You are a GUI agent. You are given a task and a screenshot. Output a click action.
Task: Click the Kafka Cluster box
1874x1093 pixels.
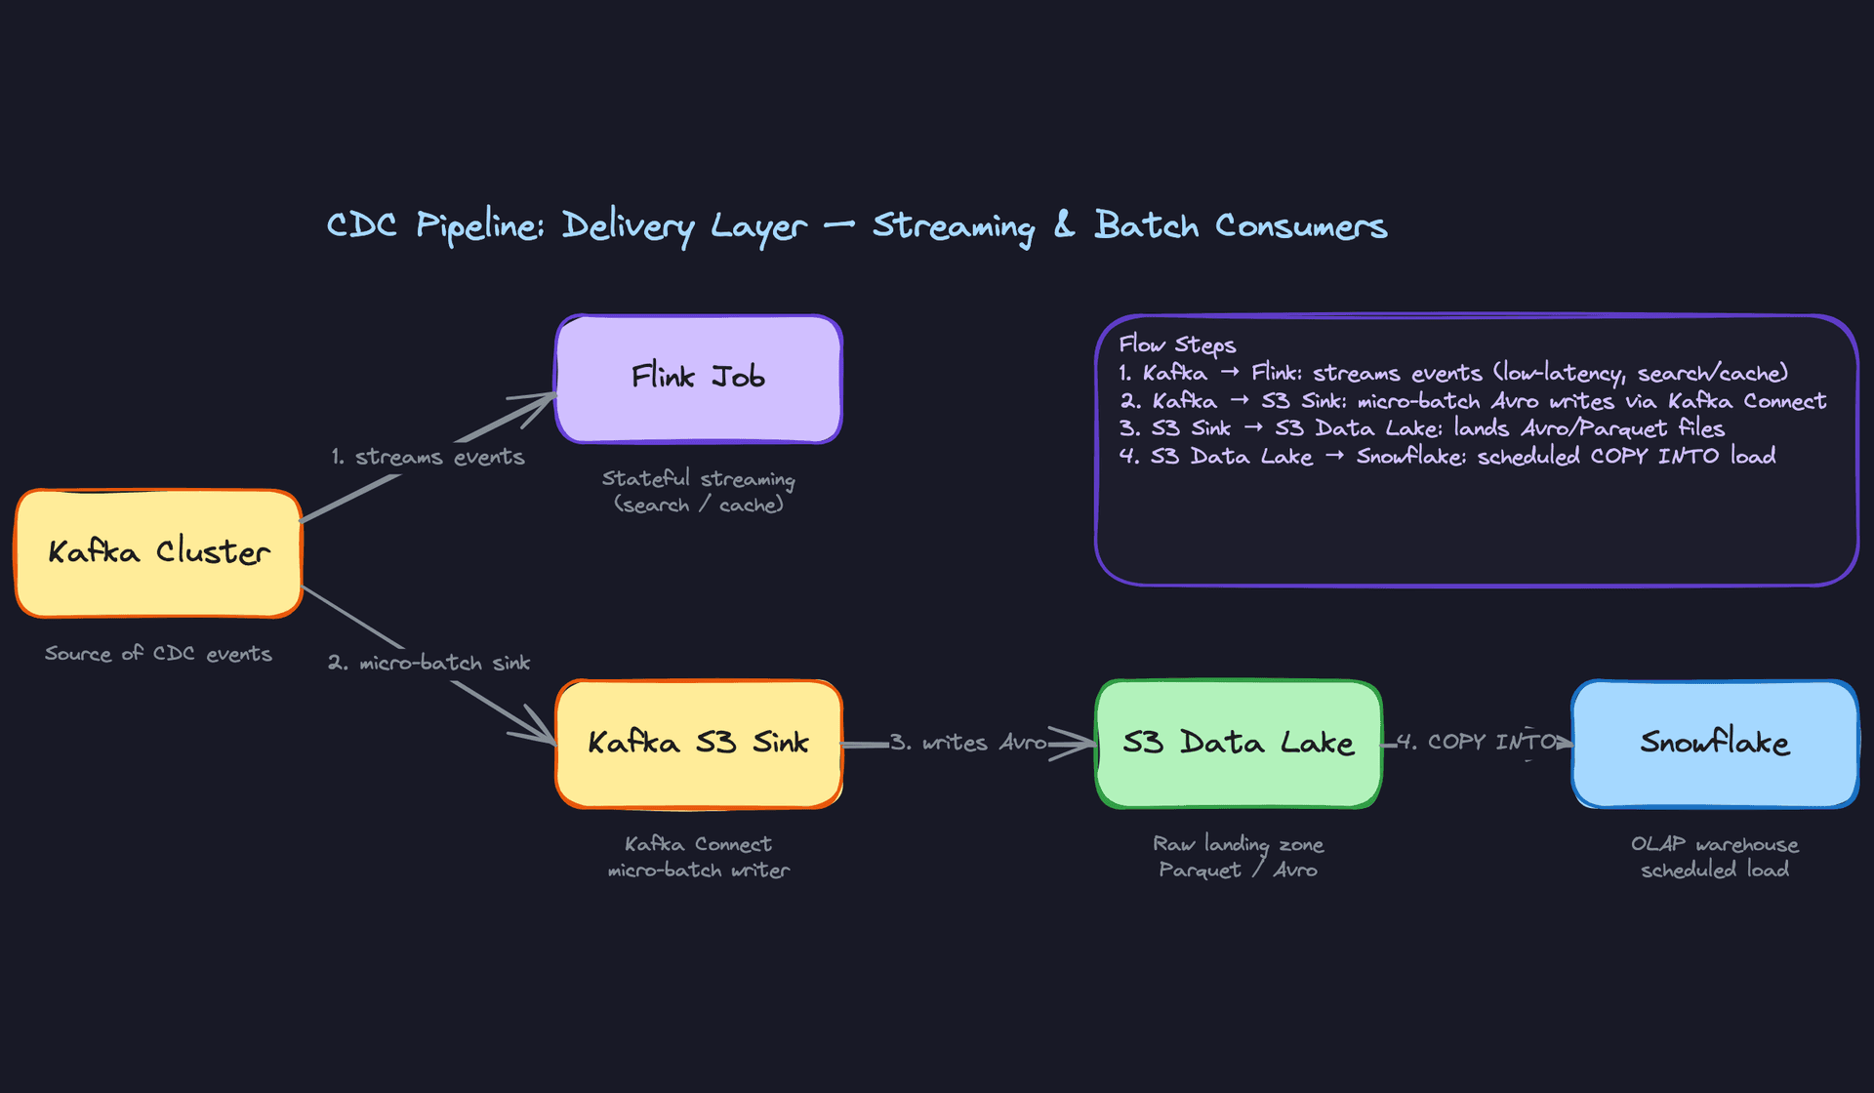158,553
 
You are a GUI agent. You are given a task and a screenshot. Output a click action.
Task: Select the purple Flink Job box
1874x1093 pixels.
698,379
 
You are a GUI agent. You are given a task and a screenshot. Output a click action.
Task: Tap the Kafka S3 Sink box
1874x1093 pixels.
698,744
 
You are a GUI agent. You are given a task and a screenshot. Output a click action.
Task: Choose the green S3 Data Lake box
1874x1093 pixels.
1238,744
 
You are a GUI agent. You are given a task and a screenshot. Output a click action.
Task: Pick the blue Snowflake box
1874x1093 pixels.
1714,744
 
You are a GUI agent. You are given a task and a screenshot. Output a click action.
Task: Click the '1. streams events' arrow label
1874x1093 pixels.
428,457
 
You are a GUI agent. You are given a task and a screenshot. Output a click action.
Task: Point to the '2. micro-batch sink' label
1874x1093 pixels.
429,663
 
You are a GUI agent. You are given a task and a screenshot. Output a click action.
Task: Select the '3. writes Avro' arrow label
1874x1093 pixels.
967,743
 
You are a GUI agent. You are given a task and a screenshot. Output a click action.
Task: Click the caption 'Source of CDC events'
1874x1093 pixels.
158,654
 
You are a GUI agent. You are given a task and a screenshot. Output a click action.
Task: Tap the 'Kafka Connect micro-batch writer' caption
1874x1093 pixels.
698,857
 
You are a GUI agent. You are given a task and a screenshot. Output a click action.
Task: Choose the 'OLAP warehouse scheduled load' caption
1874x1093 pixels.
1714,857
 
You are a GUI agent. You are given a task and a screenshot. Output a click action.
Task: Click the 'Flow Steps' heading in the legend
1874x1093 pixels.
1177,344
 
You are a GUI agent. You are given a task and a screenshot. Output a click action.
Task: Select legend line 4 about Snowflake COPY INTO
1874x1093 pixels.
1446,457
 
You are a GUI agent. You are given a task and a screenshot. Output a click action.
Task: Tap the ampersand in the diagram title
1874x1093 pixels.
1064,225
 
